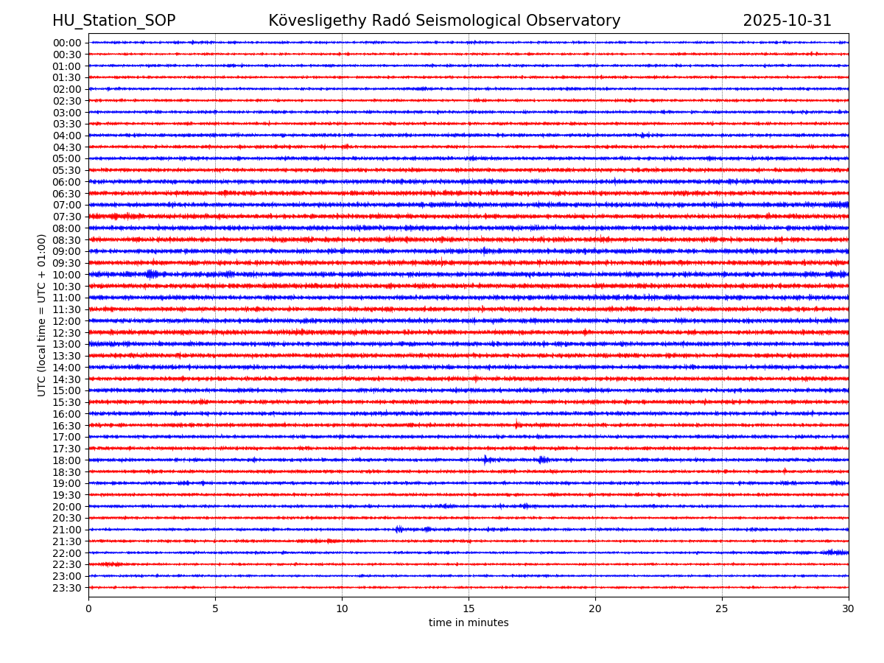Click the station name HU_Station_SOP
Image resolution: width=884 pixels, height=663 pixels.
point(113,21)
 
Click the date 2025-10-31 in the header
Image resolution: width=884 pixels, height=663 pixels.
point(787,21)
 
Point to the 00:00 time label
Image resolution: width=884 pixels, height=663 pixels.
point(67,43)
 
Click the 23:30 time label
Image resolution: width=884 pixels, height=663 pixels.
point(67,588)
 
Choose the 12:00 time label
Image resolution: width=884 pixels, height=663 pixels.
point(67,321)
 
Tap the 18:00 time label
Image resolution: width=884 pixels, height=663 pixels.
point(67,460)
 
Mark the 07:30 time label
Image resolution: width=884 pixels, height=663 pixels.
point(67,217)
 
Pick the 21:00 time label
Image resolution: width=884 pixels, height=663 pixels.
point(67,530)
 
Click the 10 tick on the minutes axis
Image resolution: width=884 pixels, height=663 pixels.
point(342,608)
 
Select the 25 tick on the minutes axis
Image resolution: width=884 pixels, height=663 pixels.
point(722,608)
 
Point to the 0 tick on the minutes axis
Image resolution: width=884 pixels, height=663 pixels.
point(88,608)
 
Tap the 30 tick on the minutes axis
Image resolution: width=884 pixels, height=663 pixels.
point(849,608)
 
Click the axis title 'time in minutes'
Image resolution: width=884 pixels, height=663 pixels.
point(469,623)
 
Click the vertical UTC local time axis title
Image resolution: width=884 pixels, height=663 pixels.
point(42,315)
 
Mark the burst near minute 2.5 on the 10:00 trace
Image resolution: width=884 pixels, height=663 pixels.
point(152,274)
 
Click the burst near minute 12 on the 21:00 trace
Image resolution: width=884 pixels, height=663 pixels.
point(399,529)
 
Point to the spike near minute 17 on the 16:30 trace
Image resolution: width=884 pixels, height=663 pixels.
point(517,425)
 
